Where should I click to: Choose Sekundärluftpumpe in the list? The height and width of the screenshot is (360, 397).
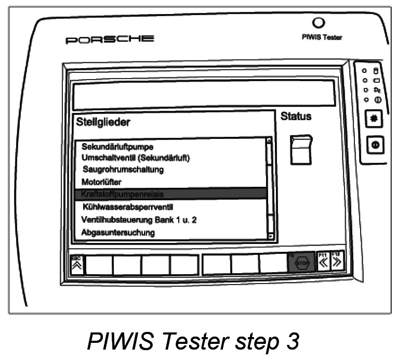tap(117, 147)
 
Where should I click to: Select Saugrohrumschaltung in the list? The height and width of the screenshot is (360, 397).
tap(123, 170)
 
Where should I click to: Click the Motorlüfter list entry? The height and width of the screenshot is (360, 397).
tap(102, 182)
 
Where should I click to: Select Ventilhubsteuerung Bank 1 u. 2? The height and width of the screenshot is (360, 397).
tap(139, 220)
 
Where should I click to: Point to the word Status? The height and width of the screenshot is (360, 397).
tap(296, 117)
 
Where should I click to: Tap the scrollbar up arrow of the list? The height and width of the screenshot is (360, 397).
tap(269, 140)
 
